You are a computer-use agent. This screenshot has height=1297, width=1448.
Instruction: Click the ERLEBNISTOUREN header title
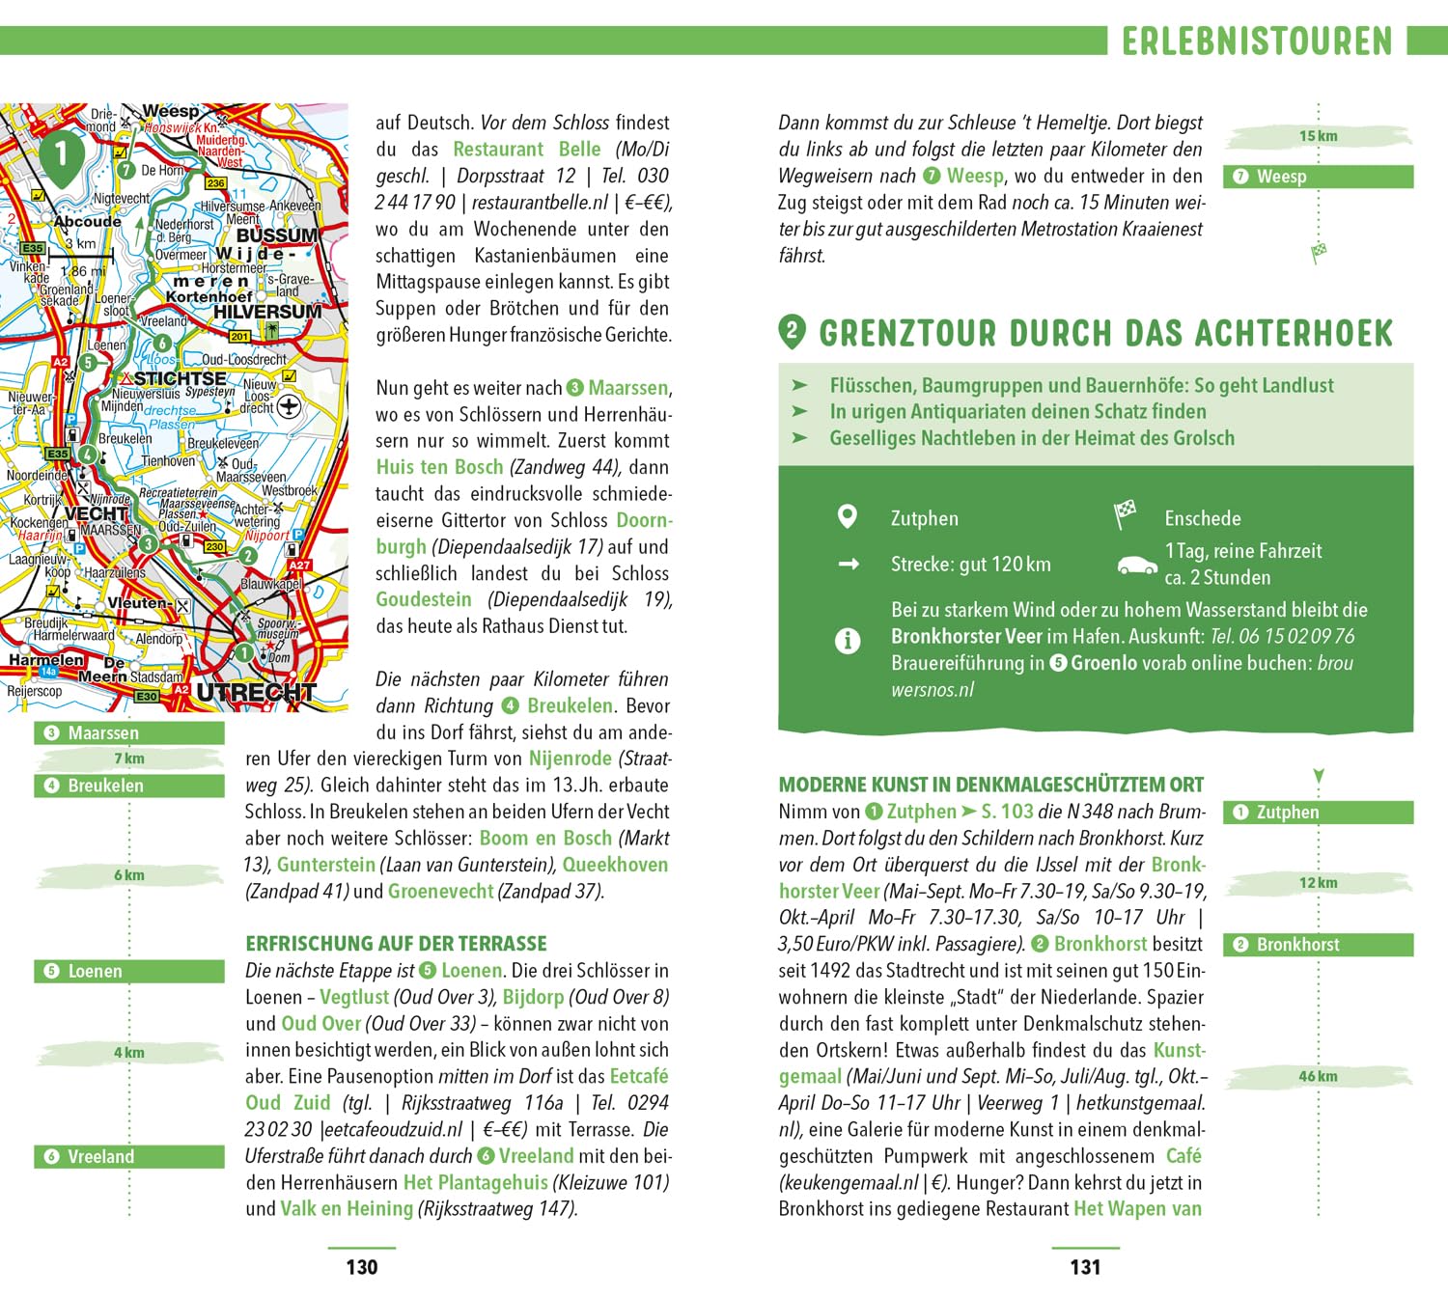pos(1257,41)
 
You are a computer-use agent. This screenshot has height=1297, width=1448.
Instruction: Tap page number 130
pos(362,1267)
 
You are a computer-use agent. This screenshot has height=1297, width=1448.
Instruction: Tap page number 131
pos(1085,1267)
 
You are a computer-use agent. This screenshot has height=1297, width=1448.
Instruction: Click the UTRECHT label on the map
pos(256,692)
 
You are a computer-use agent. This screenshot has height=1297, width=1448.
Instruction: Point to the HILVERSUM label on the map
pos(267,312)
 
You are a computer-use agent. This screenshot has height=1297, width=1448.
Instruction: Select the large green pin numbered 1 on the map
pos(61,155)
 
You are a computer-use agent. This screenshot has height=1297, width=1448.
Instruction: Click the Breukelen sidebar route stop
pos(128,786)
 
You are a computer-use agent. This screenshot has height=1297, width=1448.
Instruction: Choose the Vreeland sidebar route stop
pos(128,1156)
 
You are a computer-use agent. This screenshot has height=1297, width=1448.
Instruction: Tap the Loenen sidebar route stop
pos(128,971)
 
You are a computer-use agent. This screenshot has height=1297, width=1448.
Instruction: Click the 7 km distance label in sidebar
pos(128,759)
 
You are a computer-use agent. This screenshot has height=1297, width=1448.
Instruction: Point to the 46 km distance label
pos(1318,1076)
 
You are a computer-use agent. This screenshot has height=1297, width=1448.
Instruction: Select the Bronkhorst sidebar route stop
pos(1318,945)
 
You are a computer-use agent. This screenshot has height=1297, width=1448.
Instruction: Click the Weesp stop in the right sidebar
pos(1318,177)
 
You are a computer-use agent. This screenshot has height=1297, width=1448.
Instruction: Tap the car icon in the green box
pos(1136,565)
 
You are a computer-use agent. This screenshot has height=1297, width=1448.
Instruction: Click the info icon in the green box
pos(847,640)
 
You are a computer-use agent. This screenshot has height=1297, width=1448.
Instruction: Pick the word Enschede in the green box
pos(1202,518)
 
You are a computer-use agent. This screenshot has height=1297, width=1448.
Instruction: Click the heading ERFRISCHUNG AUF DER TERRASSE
pos(396,943)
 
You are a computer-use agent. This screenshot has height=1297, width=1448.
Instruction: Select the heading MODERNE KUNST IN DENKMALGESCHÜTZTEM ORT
pos(991,785)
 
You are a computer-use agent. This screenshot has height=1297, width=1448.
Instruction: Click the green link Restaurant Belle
pos(527,150)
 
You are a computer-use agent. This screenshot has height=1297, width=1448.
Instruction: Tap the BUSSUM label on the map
pos(277,235)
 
